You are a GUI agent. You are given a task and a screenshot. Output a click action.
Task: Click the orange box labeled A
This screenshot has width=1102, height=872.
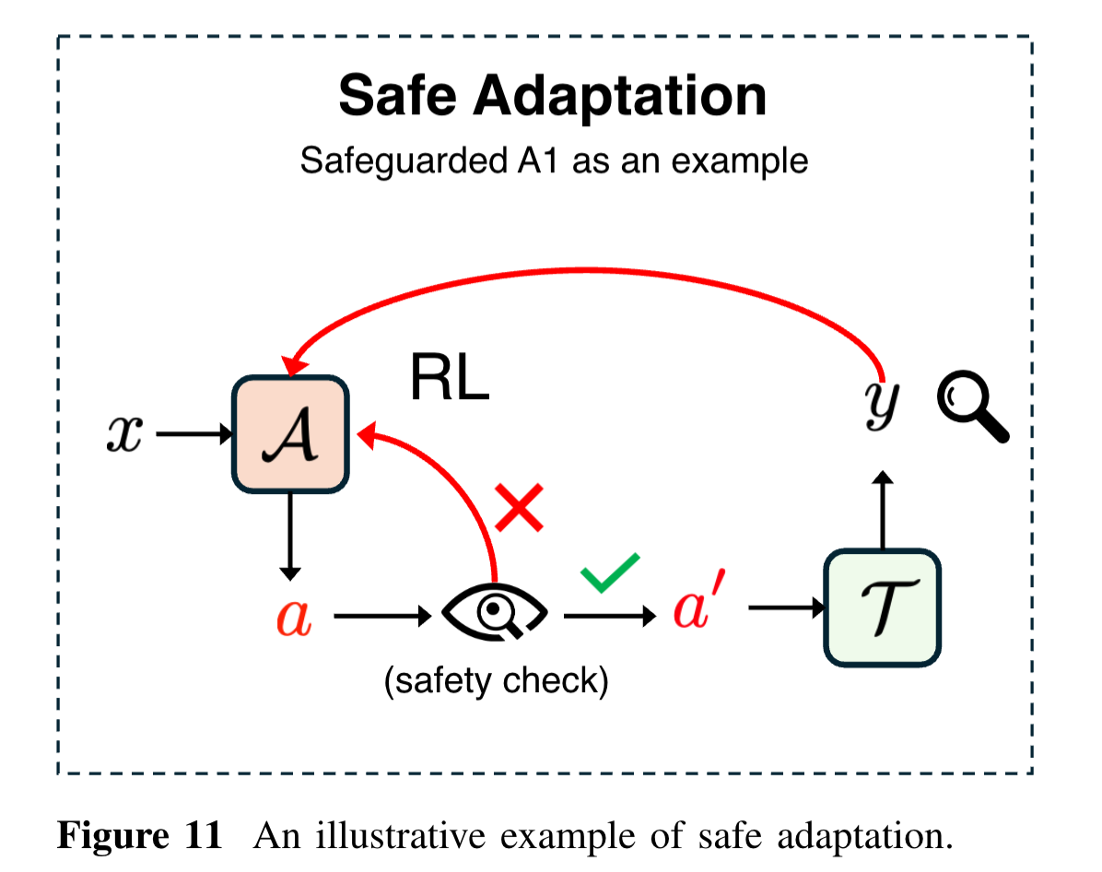click(x=289, y=433)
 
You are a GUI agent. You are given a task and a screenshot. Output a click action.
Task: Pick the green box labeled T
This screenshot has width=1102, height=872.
click(x=883, y=607)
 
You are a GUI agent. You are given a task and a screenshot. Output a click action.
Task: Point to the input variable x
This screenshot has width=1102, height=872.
click(x=124, y=434)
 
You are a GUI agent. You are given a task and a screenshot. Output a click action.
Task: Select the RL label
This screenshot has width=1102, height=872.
click(x=449, y=378)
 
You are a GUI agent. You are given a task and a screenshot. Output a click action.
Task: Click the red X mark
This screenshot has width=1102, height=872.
click(x=520, y=507)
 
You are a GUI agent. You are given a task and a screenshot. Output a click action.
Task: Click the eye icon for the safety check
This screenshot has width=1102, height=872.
click(x=496, y=611)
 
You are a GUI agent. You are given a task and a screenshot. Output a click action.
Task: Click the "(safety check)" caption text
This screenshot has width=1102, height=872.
click(x=496, y=681)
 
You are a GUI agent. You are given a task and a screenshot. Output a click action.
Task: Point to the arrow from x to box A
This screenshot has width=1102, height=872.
click(x=194, y=434)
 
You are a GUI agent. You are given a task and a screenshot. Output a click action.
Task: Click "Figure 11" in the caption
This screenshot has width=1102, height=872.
click(x=140, y=835)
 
